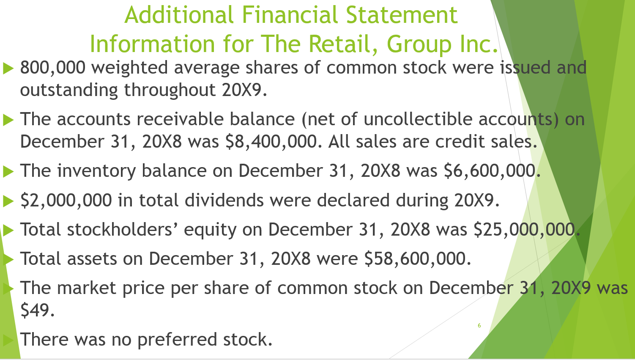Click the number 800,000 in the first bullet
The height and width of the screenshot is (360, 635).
pos(52,68)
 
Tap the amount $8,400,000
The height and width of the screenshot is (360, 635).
pos(271,142)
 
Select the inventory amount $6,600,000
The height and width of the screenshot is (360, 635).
pos(490,171)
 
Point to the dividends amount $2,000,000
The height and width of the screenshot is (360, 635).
pos(66,201)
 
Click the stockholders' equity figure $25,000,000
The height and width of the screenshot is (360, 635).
pos(524,230)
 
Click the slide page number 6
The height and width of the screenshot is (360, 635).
pos(479,325)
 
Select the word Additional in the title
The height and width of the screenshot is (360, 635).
pos(179,15)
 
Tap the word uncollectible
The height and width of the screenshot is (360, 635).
pos(418,119)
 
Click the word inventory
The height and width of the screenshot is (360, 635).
pos(96,171)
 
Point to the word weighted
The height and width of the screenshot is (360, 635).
pos(129,68)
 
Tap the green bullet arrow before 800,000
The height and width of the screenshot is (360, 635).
pos(8,68)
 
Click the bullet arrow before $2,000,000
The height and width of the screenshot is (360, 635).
pos(8,201)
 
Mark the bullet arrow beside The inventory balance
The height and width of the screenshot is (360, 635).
pos(8,171)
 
